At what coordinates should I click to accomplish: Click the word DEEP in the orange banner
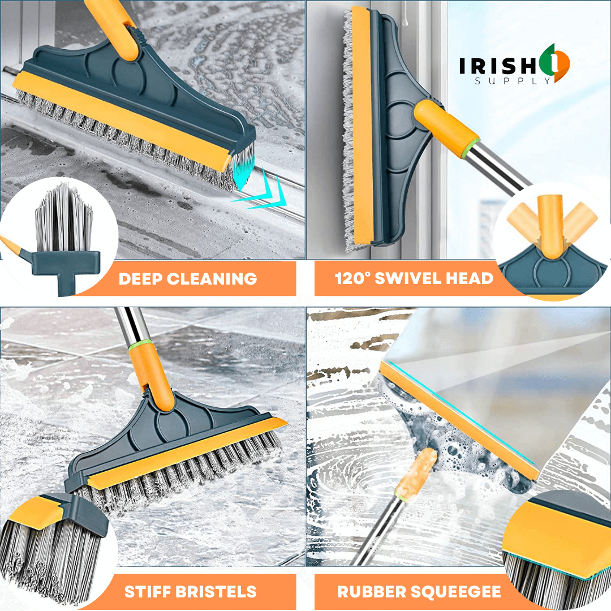[140, 278]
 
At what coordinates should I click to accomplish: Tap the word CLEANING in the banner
[212, 278]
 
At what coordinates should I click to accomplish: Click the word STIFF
[148, 592]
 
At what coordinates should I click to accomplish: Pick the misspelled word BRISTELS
[216, 592]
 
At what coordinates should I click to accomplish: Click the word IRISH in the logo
[498, 66]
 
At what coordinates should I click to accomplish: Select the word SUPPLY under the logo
[513, 81]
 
